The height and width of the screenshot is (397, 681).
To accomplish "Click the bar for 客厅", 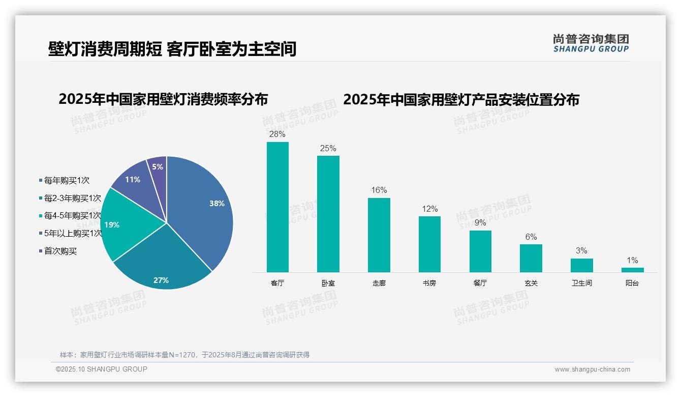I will click(277, 207).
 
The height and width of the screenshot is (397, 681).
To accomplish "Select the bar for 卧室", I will click(328, 214).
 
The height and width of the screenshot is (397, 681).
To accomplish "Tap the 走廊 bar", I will click(379, 235).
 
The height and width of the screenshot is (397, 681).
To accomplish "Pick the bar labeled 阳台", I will click(632, 270).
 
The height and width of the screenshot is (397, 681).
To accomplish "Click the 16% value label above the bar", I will click(379, 190).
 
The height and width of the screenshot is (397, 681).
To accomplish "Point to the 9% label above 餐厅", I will click(480, 223).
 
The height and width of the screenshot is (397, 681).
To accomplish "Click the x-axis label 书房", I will click(429, 283).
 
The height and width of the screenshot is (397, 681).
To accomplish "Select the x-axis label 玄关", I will click(531, 283).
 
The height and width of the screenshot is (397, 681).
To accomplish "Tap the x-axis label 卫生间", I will click(581, 283).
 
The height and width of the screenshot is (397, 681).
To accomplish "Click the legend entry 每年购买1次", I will click(67, 180).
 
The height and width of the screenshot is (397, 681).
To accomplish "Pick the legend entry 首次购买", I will click(60, 251).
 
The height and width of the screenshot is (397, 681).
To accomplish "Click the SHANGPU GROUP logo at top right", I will click(591, 43).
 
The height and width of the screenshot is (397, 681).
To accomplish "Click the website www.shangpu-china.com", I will click(592, 370).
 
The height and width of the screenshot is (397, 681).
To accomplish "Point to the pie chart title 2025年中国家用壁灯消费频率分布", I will click(163, 99).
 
